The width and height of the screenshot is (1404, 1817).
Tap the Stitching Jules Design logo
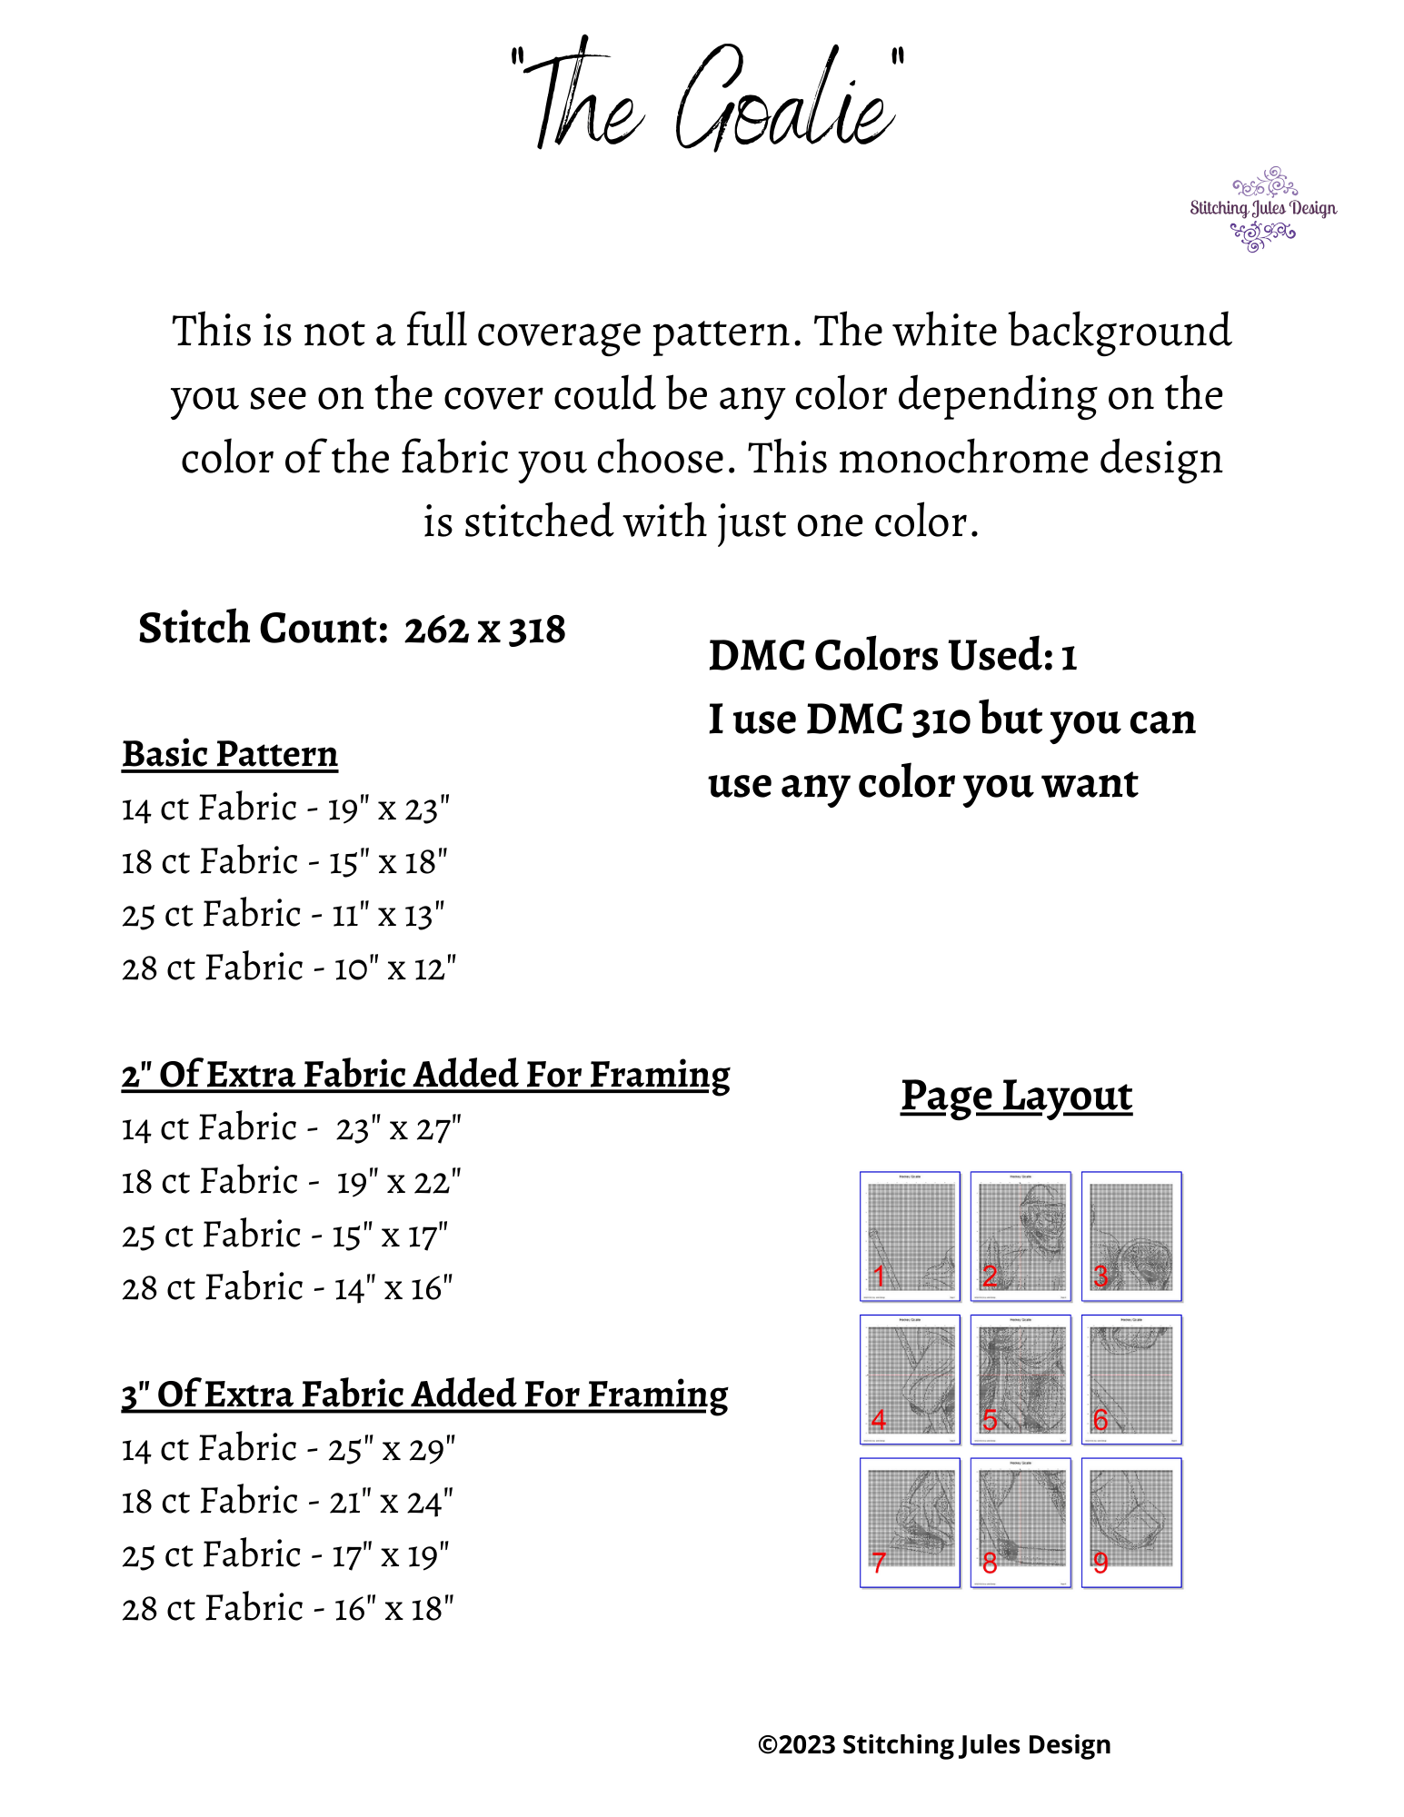click(1262, 209)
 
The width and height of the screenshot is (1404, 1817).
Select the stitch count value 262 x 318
click(484, 630)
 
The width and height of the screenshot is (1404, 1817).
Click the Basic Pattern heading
click(230, 754)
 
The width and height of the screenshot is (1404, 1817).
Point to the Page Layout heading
click(1016, 1096)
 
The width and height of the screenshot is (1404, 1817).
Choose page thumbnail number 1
click(910, 1236)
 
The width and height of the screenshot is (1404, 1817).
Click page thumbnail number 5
click(1021, 1379)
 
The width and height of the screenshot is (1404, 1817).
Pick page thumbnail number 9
click(1131, 1522)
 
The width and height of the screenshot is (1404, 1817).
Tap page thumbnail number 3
click(1131, 1236)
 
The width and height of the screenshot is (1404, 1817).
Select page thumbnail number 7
click(910, 1522)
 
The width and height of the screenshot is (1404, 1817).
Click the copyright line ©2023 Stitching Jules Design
click(934, 1744)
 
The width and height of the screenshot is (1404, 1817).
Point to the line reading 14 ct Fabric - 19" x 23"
click(286, 808)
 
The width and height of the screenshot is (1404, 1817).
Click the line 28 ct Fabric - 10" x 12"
click(289, 968)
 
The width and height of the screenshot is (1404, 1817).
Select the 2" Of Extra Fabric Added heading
click(425, 1075)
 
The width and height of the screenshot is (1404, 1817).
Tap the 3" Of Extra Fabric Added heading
click(424, 1395)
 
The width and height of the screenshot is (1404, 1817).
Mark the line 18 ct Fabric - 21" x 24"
click(287, 1502)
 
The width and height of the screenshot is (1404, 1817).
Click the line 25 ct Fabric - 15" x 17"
click(285, 1236)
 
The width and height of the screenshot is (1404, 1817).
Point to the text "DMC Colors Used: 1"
click(892, 656)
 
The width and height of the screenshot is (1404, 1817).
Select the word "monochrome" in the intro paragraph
click(962, 459)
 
